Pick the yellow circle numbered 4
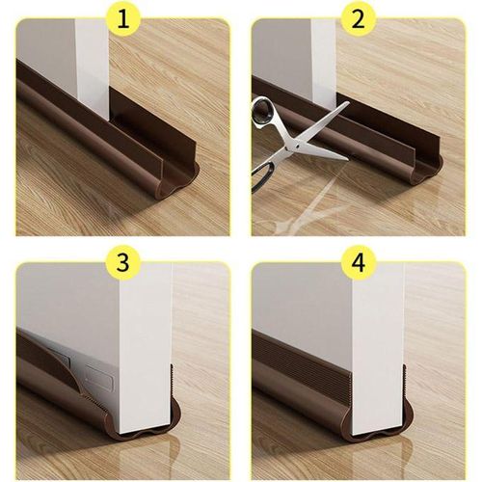click(359, 262)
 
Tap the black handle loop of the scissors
click(262, 113)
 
